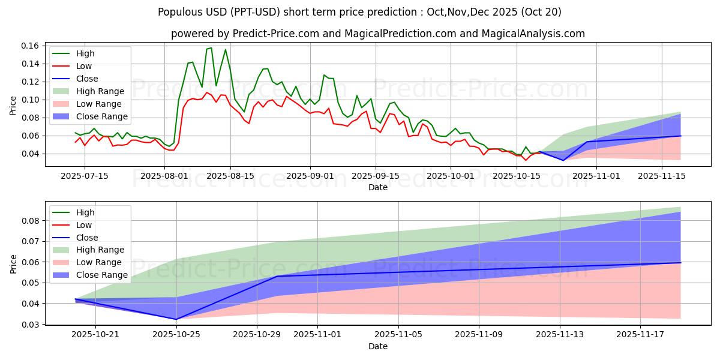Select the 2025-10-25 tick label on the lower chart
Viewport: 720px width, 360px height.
[x=176, y=334]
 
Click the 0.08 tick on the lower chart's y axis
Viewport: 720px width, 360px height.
[x=30, y=221]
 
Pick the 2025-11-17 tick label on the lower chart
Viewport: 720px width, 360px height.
[x=641, y=334]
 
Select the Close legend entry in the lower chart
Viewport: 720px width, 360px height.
[x=88, y=238]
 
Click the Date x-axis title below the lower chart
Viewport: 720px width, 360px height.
[x=378, y=346]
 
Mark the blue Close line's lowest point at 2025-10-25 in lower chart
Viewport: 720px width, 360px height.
[x=176, y=319]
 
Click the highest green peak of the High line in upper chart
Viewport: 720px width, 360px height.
[x=211, y=48]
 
